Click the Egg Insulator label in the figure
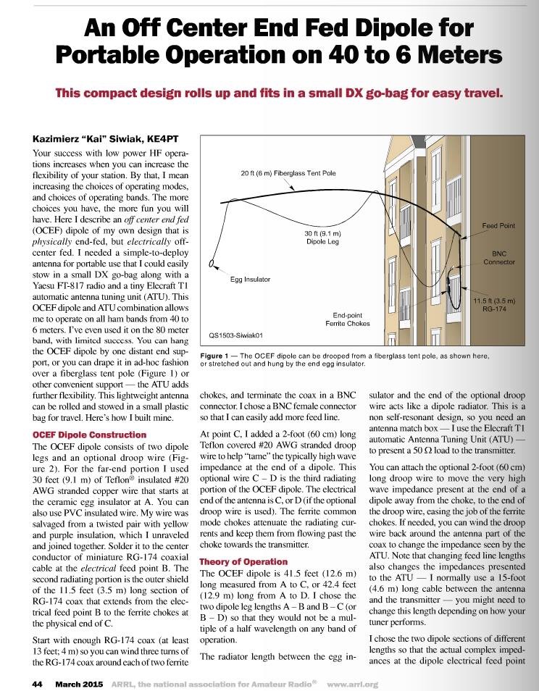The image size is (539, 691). tap(250, 279)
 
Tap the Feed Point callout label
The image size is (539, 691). tap(498, 226)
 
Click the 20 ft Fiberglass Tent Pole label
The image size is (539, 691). tap(288, 174)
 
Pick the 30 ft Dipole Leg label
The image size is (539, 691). tap(322, 238)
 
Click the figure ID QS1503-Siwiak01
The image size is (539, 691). tap(236, 335)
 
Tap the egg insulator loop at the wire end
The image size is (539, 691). tap(212, 264)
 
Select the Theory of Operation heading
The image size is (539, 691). tap(243, 561)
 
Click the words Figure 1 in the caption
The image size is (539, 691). tap(217, 355)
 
